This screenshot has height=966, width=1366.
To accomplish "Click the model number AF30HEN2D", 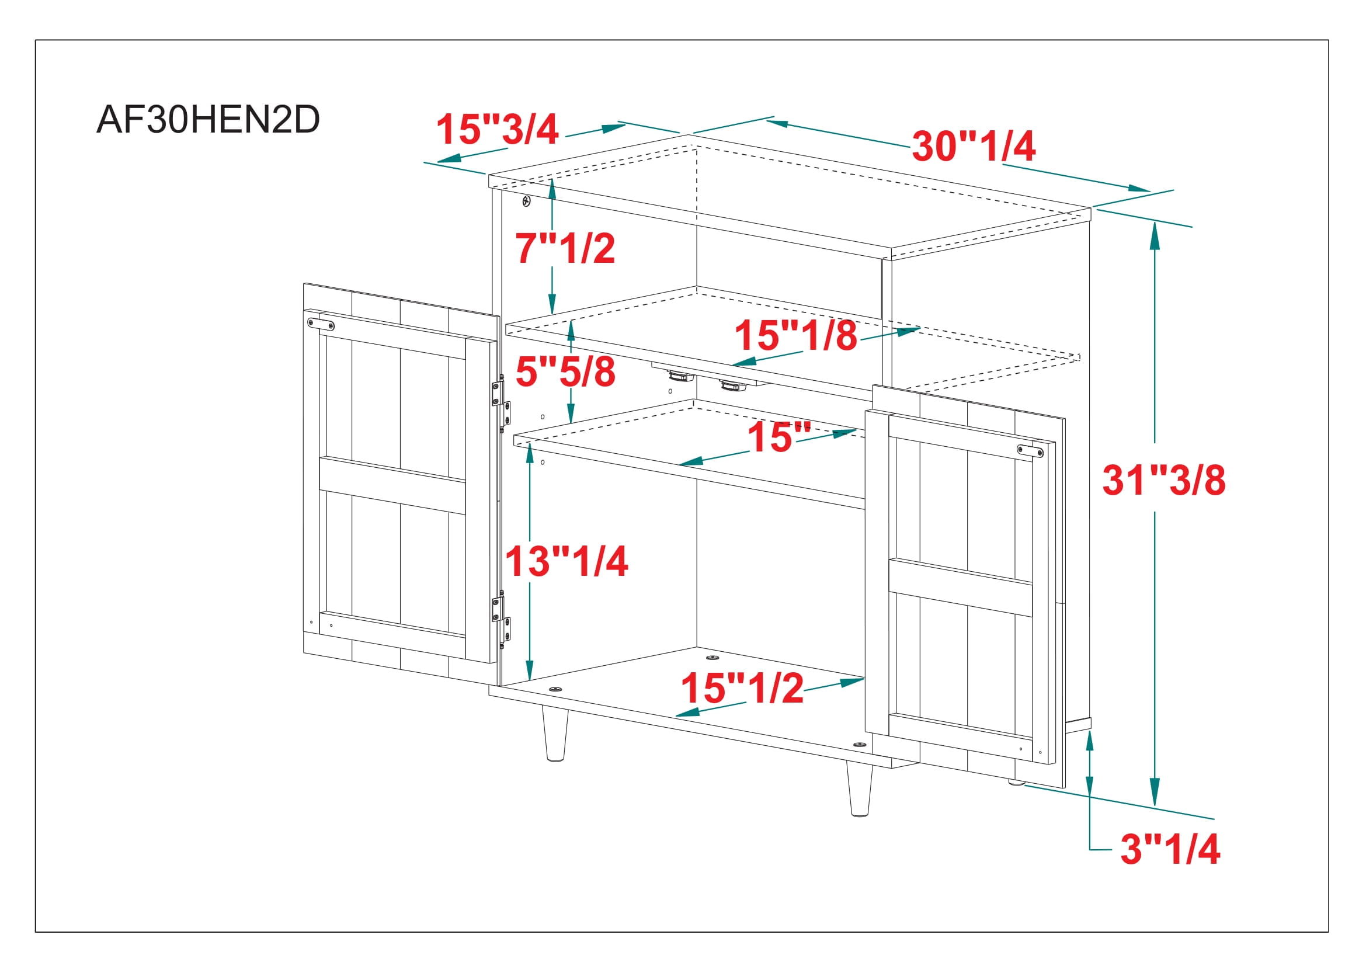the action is click(x=208, y=120).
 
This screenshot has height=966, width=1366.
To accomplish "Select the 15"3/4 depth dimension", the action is click(x=498, y=129).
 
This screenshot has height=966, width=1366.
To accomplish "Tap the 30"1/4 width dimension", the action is click(x=974, y=146).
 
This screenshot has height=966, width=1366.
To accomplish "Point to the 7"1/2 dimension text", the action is click(x=565, y=248).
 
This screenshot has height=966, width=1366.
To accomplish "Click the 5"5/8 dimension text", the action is click(x=565, y=371).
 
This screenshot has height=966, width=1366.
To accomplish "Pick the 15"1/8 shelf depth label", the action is click(x=796, y=334).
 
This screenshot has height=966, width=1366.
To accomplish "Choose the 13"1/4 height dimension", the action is click(x=566, y=561).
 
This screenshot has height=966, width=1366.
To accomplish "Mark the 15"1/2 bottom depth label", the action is click(x=742, y=688).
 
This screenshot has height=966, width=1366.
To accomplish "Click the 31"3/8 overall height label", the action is click(x=1164, y=480).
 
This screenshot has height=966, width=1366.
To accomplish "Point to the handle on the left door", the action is click(x=321, y=324).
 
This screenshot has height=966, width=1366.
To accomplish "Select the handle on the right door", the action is click(x=1030, y=451).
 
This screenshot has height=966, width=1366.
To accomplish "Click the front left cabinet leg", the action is click(x=555, y=734).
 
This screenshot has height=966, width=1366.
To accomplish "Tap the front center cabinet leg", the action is click(x=859, y=788).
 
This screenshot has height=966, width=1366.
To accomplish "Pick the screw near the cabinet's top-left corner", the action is click(x=526, y=201).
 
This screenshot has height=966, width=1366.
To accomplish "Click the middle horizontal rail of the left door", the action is click(x=392, y=485).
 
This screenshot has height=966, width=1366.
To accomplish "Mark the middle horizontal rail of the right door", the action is click(x=961, y=587).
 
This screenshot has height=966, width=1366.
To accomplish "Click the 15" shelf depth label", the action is click(x=779, y=437).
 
